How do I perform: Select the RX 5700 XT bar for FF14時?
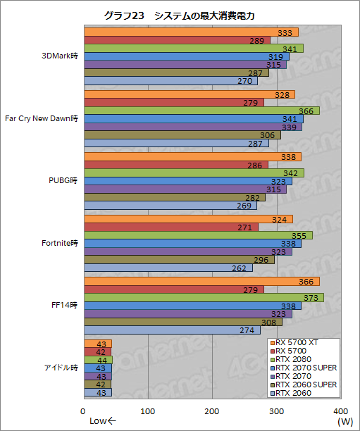169,282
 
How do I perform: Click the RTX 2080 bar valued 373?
173,297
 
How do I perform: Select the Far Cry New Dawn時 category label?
42,118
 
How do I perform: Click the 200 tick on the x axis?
212,411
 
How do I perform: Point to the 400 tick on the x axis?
340,411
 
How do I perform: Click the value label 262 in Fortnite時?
240,268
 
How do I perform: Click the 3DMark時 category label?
60,56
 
